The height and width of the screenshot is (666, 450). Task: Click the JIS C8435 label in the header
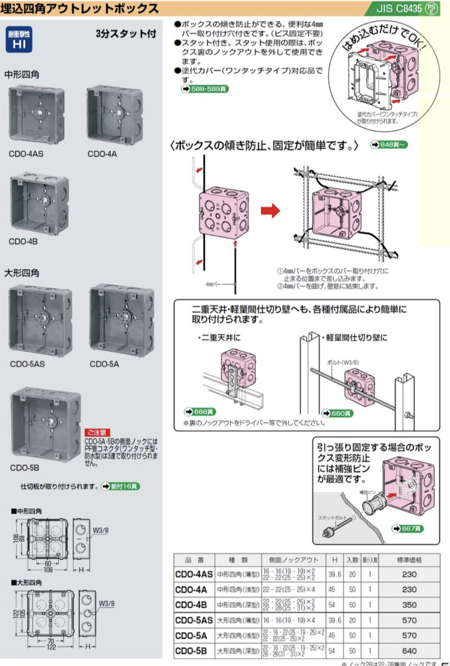point(399,8)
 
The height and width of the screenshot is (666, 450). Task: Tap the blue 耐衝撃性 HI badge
point(19,40)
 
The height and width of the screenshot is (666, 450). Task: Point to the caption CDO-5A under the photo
point(104,364)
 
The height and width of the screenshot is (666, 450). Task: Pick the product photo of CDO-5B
point(45,422)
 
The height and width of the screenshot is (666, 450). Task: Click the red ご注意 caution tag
point(97,432)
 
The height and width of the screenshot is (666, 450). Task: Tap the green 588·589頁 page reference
point(205,89)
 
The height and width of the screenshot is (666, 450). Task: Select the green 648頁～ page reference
point(389,144)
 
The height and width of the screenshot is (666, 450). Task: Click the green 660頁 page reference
point(337,413)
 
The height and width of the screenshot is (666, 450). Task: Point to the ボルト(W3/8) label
point(343,363)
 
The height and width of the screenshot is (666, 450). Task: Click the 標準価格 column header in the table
point(409,560)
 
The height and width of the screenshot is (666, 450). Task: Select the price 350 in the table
point(409,605)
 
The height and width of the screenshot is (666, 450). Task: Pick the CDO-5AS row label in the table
point(194,620)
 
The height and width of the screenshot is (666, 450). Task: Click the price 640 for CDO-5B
point(409,650)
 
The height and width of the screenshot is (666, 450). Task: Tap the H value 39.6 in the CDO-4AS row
point(334,574)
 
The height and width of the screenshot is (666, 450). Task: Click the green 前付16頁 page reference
point(121,486)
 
